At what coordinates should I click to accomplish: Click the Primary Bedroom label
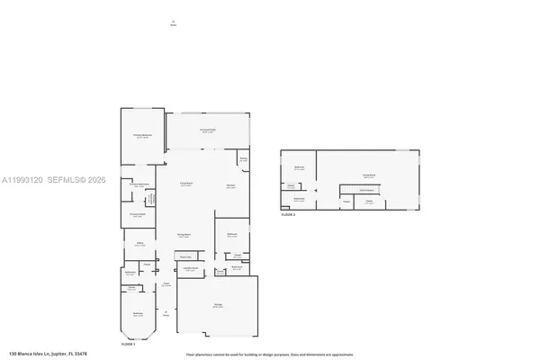click(143, 136)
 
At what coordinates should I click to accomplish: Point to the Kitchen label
click(230, 187)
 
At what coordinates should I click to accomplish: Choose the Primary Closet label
click(137, 214)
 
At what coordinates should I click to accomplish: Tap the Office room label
click(141, 243)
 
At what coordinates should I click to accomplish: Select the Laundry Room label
click(191, 268)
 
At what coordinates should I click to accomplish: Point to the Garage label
click(218, 307)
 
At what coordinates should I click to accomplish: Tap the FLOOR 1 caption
click(128, 345)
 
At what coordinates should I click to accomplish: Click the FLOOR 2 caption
click(288, 215)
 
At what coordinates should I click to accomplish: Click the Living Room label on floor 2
click(368, 176)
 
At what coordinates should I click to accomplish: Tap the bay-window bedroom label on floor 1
click(137, 315)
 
